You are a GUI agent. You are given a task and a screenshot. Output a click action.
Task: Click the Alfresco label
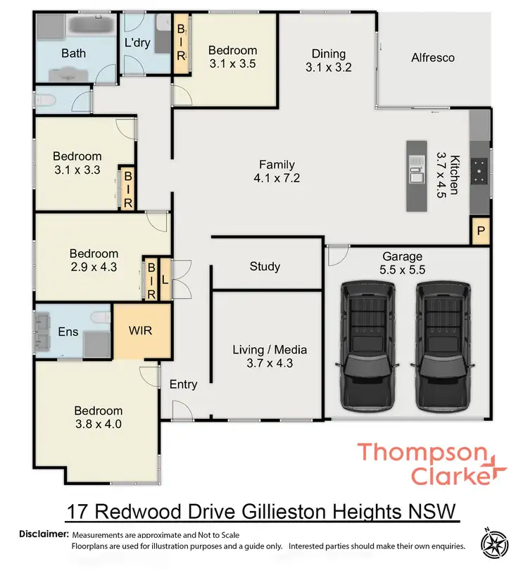[433, 58]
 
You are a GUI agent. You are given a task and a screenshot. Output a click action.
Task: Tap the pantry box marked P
[481, 232]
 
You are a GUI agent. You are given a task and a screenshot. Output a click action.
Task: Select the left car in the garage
[367, 346]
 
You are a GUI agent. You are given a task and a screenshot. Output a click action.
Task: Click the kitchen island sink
[416, 170]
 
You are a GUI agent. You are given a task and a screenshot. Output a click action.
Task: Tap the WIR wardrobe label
[142, 329]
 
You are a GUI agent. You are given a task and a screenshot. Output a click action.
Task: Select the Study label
[265, 266]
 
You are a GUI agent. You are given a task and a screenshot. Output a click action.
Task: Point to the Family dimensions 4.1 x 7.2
[277, 178]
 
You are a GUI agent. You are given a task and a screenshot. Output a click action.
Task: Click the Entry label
[183, 384]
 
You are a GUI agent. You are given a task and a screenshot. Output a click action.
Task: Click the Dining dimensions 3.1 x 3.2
[328, 68]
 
